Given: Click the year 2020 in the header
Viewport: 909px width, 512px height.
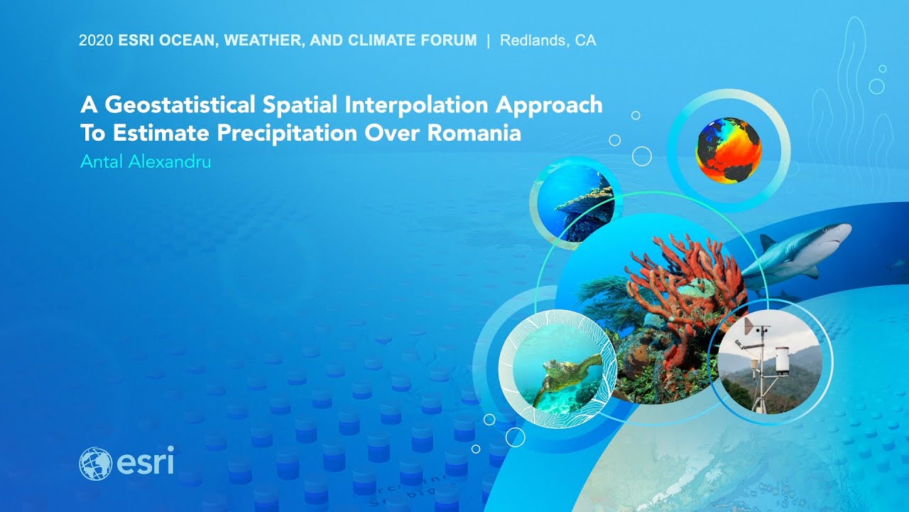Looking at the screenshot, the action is tap(96, 41).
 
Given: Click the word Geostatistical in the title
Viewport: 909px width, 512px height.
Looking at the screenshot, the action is tap(180, 105).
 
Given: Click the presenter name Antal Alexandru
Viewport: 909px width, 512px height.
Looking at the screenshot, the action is tap(146, 161).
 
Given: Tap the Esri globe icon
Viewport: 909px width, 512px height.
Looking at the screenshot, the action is tap(96, 464).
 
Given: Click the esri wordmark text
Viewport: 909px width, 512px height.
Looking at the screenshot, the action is tap(146, 462).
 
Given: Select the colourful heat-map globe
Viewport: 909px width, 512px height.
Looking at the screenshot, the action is tap(729, 150).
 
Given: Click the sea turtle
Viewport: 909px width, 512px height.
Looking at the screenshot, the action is tap(568, 376).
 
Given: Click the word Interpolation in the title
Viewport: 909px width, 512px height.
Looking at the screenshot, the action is tap(416, 105).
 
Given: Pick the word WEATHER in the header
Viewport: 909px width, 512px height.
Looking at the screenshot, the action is tap(263, 41).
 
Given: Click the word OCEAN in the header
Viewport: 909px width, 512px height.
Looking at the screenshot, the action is tap(186, 41).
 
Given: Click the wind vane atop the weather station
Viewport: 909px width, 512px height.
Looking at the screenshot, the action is tap(749, 326).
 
